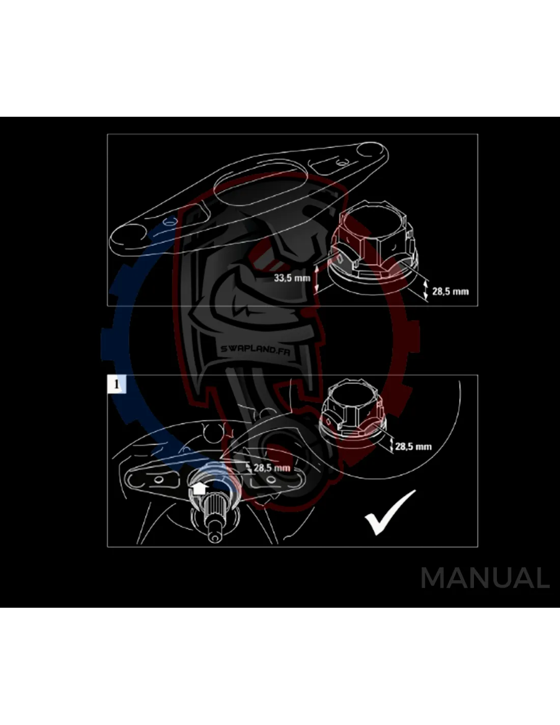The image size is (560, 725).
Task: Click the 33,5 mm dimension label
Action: (x=292, y=277)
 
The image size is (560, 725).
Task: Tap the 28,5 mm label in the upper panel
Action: (x=450, y=291)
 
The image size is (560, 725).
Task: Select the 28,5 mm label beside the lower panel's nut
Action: (x=413, y=447)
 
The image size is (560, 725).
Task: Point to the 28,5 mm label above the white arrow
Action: (x=272, y=468)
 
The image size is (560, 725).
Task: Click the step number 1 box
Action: (x=117, y=384)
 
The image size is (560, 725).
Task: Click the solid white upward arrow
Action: (x=199, y=489)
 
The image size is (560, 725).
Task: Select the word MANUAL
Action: (x=485, y=578)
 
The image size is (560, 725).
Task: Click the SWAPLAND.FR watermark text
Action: (x=256, y=349)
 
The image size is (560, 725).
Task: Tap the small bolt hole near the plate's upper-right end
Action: (x=341, y=164)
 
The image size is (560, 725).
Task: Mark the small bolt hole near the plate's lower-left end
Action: (x=170, y=221)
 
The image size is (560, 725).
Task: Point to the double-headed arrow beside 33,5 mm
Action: (x=317, y=278)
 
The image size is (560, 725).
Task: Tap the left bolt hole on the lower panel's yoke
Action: (x=158, y=480)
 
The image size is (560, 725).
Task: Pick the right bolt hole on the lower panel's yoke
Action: (x=271, y=480)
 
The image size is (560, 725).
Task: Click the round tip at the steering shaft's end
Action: (x=214, y=537)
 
